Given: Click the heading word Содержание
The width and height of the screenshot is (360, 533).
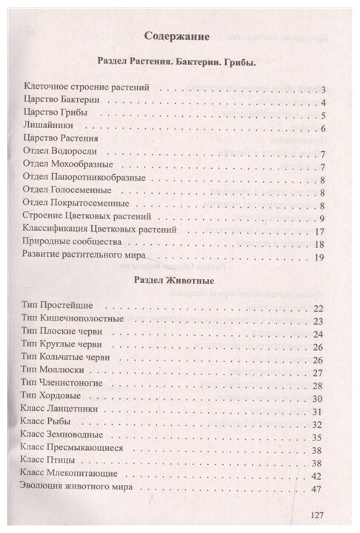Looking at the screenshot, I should pyautogui.click(x=176, y=34).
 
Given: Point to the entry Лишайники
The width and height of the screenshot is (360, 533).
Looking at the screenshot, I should pyautogui.click(x=49, y=126).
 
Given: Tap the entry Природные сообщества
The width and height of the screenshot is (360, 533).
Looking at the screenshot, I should pyautogui.click(x=77, y=244).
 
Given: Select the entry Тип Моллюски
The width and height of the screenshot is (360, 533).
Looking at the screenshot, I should pyautogui.click(x=59, y=372).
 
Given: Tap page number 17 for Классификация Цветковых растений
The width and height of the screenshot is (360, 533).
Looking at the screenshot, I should pyautogui.click(x=320, y=231).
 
